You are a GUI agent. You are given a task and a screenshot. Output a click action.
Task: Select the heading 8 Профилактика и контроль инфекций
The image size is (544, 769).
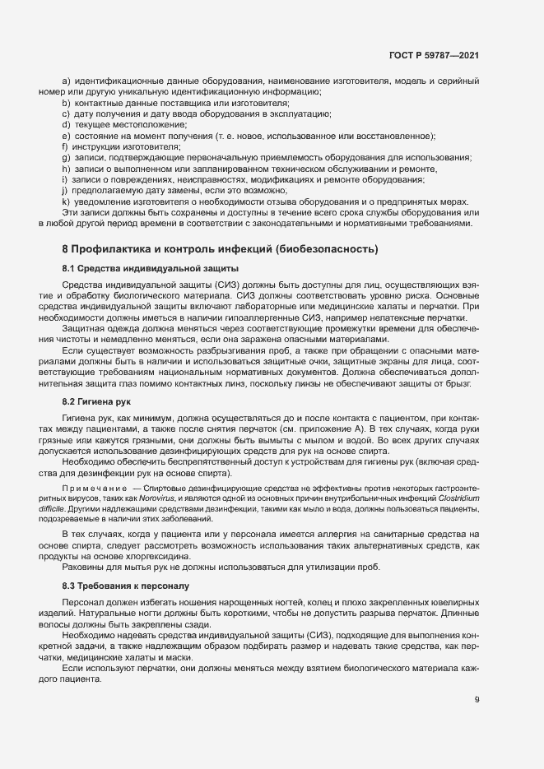[220, 248]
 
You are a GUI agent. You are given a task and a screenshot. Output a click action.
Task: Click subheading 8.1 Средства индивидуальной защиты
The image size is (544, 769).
[138, 269]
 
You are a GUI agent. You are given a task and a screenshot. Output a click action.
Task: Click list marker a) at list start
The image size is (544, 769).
[66, 81]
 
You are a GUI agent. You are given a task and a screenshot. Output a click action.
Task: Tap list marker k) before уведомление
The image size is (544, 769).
[66, 202]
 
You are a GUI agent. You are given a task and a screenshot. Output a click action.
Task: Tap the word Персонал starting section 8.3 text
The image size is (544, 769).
[85, 604]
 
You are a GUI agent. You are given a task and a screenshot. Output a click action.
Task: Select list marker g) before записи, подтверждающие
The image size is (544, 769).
[66, 156]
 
